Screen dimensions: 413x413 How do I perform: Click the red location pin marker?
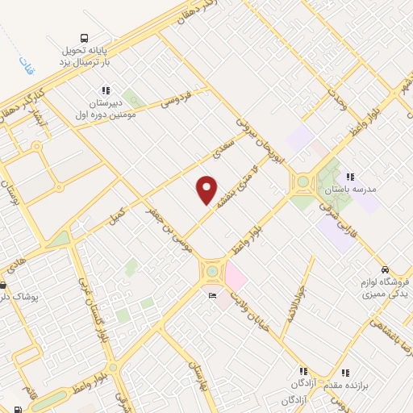pyautogui.click(x=207, y=190)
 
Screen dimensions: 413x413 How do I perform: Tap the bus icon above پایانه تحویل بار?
pyautogui.click(x=85, y=37)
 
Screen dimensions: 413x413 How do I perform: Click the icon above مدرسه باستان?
pyautogui.click(x=349, y=177)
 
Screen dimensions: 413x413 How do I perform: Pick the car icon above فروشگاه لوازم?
pyautogui.click(x=385, y=269)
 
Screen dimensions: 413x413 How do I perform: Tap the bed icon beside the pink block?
pyautogui.click(x=212, y=296)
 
